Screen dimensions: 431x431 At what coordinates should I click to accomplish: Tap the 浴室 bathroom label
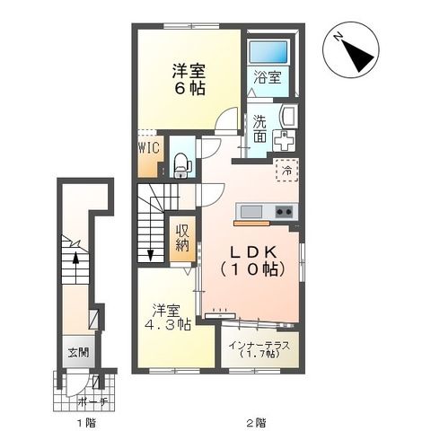266,77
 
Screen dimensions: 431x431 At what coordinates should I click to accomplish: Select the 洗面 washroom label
259,129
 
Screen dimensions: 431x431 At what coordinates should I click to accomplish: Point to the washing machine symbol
285,142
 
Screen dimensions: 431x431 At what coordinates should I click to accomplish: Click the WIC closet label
148,146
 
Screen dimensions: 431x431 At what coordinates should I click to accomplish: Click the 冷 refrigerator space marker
285,171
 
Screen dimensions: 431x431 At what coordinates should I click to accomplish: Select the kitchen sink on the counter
251,212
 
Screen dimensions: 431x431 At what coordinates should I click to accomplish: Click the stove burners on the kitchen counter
283,212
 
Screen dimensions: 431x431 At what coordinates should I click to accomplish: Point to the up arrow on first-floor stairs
75,257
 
